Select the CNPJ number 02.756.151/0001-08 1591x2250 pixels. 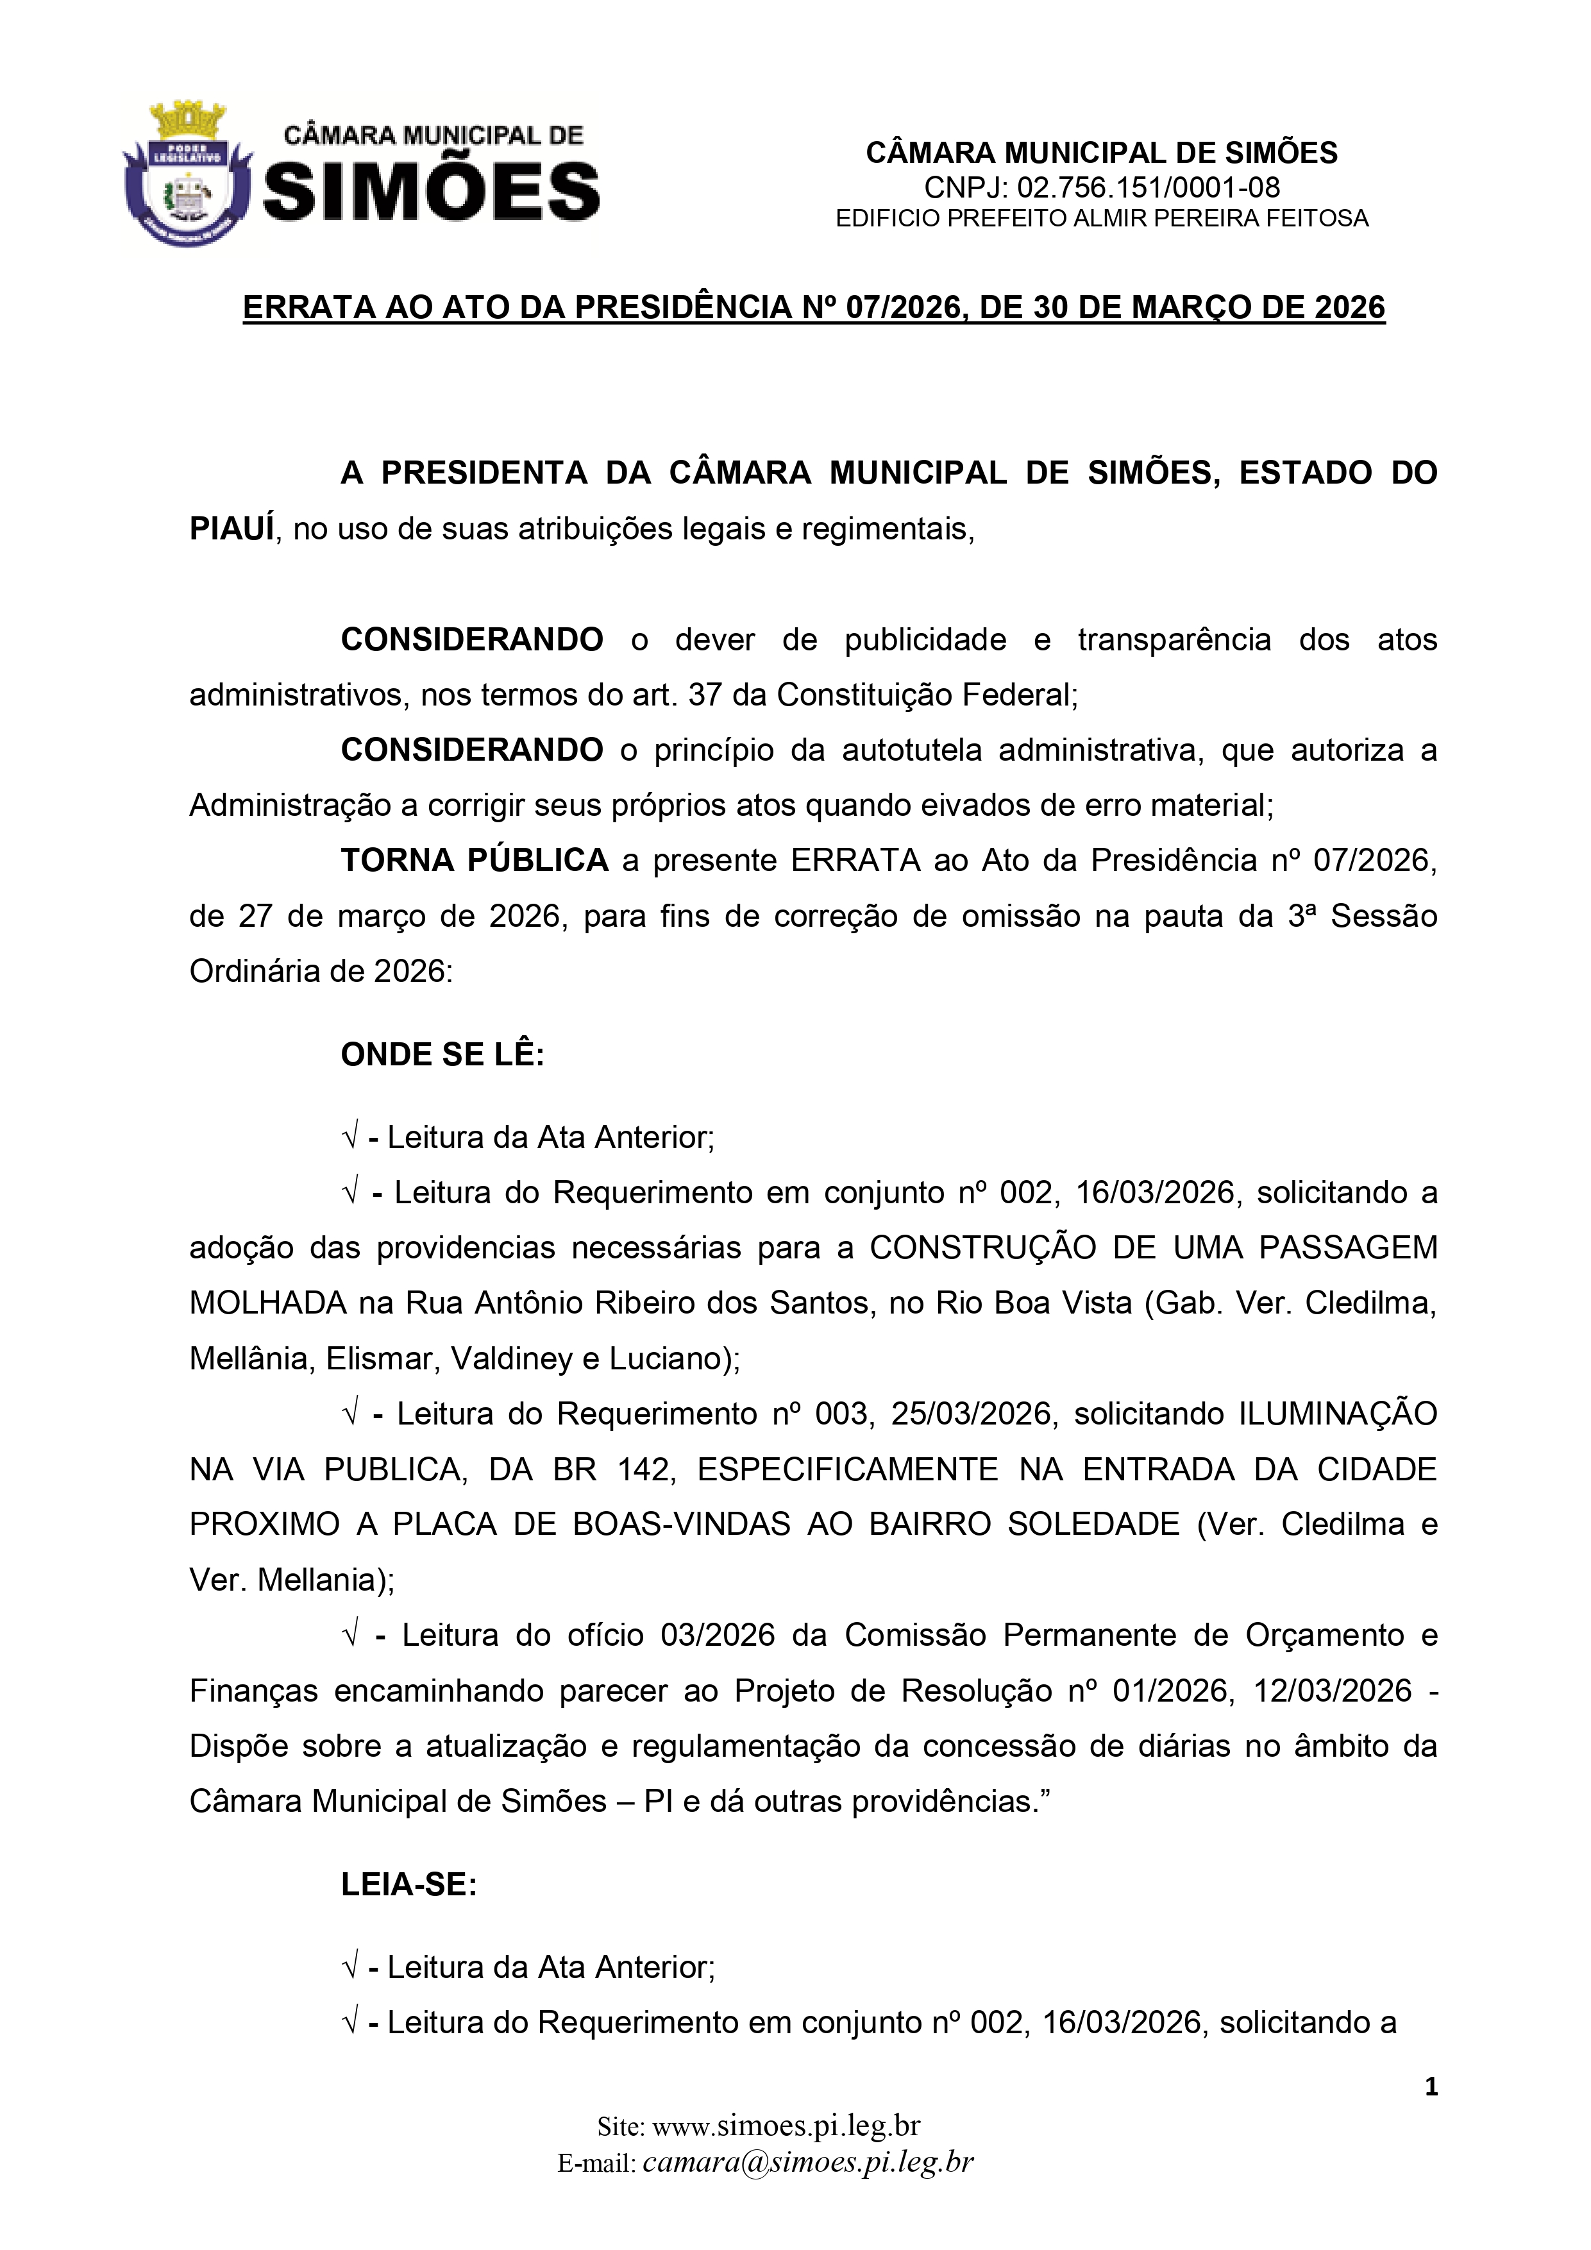click(x=1148, y=187)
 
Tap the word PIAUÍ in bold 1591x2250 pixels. click(x=231, y=529)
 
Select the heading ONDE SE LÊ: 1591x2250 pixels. click(x=442, y=1054)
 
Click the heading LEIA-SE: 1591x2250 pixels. click(x=408, y=1884)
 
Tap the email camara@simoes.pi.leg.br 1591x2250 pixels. click(x=807, y=2161)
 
